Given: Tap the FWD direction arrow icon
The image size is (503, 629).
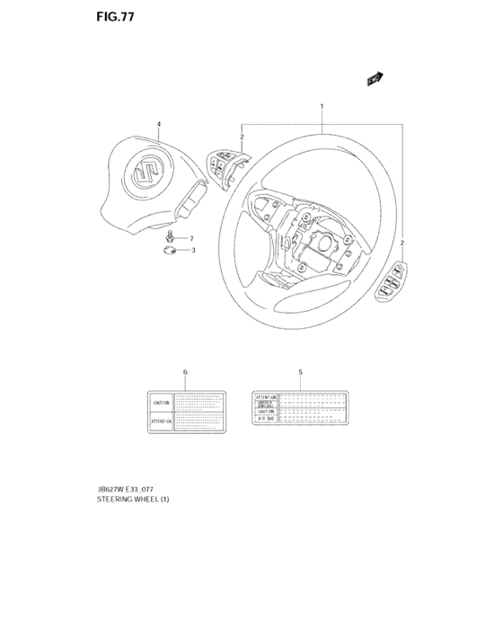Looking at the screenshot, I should tap(375, 80).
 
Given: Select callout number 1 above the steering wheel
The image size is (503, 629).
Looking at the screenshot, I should tap(322, 108).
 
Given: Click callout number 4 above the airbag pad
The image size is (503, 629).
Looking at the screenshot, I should tap(159, 124).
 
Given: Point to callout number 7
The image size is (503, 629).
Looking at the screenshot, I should tap(190, 238).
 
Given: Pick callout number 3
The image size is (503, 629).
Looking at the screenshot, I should tap(190, 250).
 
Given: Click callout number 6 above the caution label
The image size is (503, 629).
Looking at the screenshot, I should tap(185, 371).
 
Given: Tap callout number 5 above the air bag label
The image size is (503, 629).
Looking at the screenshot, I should tap(300, 371).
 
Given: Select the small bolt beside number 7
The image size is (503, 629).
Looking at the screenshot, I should tap(172, 237).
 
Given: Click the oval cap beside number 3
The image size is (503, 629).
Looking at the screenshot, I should tap(171, 251).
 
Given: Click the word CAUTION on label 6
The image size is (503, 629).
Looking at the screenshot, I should tap(162, 403).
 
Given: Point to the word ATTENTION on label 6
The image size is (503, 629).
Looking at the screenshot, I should tap(162, 420).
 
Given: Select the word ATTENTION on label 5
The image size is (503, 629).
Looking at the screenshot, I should tap(266, 396).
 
